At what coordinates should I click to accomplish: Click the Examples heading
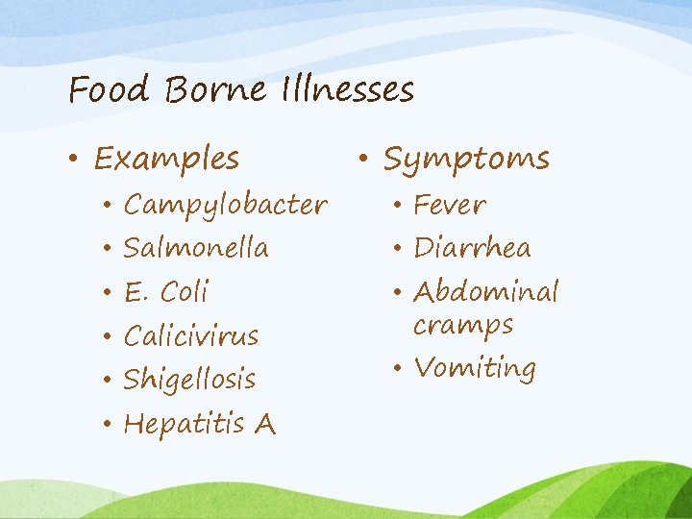[x=166, y=158]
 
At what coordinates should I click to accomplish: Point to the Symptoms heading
[x=466, y=159]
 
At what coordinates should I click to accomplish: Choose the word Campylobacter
[x=226, y=206]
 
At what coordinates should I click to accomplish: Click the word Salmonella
[x=196, y=248]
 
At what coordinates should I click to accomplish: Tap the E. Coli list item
[x=166, y=291]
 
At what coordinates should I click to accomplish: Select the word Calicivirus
[x=191, y=335]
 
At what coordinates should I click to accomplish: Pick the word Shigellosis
[x=190, y=379]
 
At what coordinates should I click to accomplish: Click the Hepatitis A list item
[x=200, y=423]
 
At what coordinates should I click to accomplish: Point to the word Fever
[x=450, y=205]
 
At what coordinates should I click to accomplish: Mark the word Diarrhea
[x=472, y=248]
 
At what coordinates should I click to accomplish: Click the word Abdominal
[x=485, y=291]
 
